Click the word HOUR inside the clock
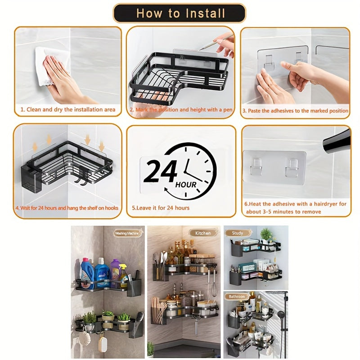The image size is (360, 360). [x=186, y=185]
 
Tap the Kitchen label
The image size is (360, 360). [x=202, y=233]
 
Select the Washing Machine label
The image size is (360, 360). [x=127, y=233]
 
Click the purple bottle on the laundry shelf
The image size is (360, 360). [x=115, y=273]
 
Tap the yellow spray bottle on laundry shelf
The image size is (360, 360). [x=123, y=275]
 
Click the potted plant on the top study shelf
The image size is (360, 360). [x=266, y=234]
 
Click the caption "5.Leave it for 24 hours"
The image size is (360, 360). [x=161, y=208]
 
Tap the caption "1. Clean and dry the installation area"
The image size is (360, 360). [x=67, y=109]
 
